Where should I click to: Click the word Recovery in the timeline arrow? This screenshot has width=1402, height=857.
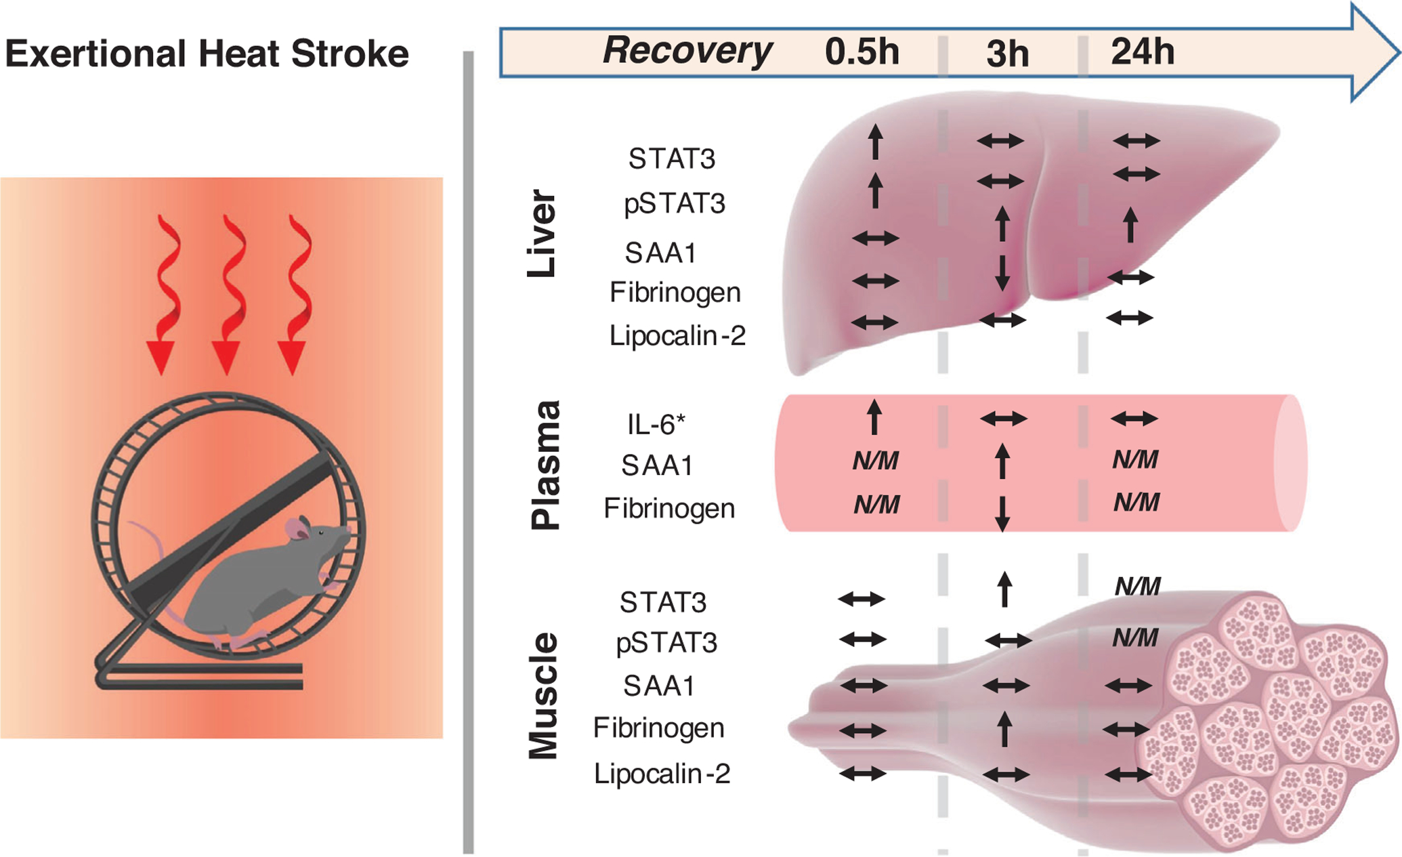[x=687, y=51]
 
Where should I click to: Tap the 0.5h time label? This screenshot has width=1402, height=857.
[x=862, y=51]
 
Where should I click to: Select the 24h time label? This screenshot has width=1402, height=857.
[x=1143, y=51]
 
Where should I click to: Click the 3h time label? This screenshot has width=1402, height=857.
[x=1007, y=54]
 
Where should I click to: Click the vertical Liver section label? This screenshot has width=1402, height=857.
[x=542, y=233]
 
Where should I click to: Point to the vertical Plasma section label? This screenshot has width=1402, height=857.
[x=545, y=465]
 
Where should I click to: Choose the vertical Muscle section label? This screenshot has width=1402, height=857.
[x=543, y=696]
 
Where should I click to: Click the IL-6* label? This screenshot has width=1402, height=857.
[x=656, y=425]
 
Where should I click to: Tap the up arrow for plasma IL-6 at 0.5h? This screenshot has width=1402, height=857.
[x=874, y=417]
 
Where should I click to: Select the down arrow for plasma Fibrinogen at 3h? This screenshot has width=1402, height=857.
[x=1002, y=514]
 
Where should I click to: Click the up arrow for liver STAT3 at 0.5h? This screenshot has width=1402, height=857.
[x=876, y=142]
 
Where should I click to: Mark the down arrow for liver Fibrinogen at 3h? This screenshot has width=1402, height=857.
[x=1003, y=273]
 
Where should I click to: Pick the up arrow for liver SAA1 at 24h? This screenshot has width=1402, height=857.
[x=1130, y=226]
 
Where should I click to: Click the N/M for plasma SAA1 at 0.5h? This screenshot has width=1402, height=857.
[x=875, y=461]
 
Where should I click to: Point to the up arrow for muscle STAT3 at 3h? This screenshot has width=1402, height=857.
[x=1004, y=589]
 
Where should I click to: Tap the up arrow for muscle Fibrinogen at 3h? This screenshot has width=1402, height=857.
[x=1005, y=729]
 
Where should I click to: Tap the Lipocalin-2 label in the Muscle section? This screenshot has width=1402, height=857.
[x=662, y=774]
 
